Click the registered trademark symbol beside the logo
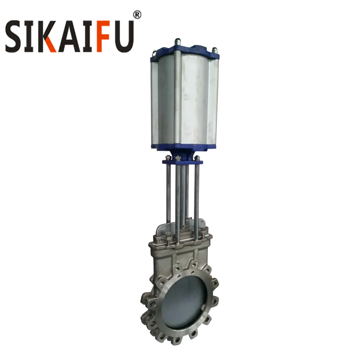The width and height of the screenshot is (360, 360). tap(138, 15)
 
